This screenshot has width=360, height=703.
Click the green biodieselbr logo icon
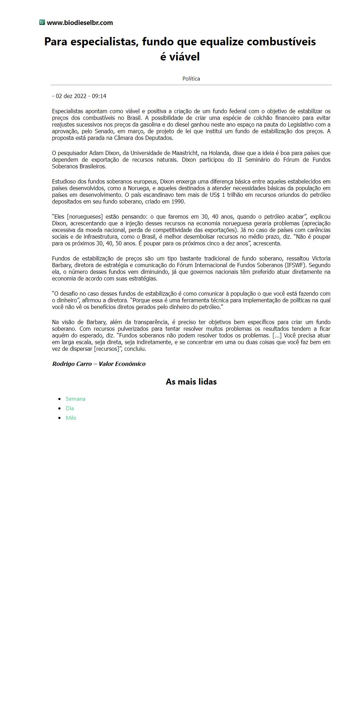[x=42, y=22]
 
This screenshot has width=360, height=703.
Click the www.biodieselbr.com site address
[x=80, y=23]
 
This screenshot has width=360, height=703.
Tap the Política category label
[x=191, y=79]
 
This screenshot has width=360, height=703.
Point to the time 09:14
[x=99, y=96]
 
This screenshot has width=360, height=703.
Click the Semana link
[x=76, y=399]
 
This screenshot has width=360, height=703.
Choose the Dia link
[x=70, y=408]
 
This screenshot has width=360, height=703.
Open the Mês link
[x=71, y=418]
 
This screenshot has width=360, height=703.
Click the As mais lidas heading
[x=191, y=382]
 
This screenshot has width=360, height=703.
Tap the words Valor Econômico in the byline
[x=122, y=364]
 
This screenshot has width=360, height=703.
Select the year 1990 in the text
[x=178, y=202]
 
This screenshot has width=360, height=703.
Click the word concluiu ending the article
[x=135, y=349]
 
